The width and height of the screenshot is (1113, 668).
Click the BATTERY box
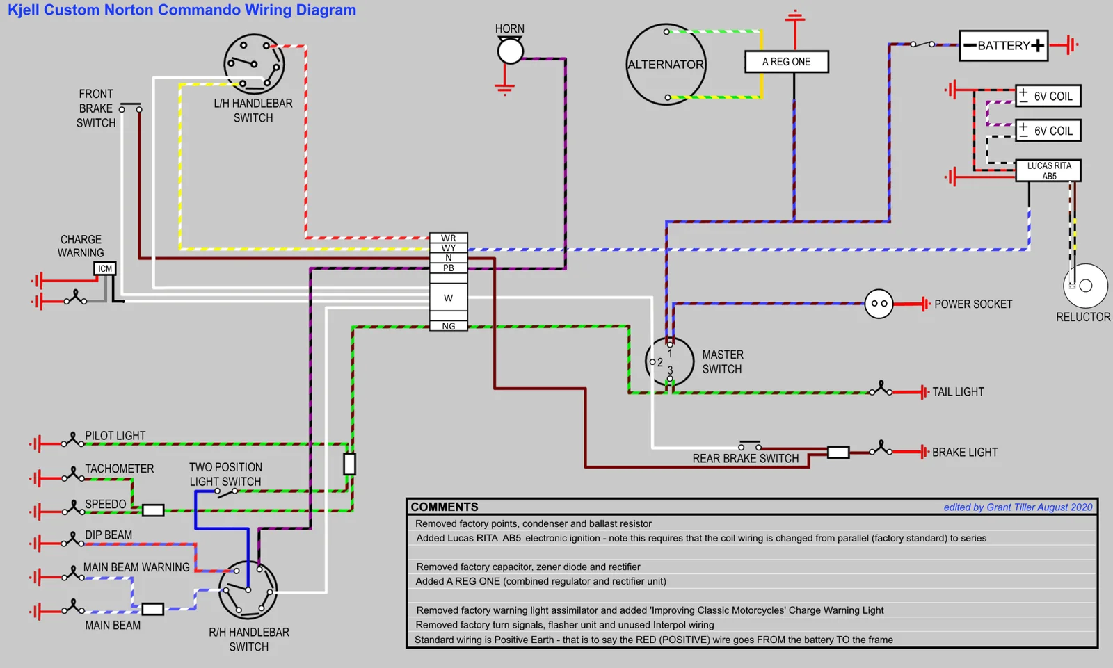(x=1003, y=46)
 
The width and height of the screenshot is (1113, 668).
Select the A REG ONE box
(x=786, y=62)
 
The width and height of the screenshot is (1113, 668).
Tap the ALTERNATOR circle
(x=666, y=65)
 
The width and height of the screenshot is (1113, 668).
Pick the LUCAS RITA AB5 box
(x=1048, y=171)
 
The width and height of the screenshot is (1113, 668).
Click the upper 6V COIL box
(x=1048, y=96)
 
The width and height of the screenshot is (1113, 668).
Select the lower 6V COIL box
(x=1048, y=131)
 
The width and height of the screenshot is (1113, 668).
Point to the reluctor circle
(x=1085, y=286)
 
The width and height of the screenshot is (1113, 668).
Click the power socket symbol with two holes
(x=879, y=304)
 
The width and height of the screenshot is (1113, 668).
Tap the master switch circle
(x=669, y=362)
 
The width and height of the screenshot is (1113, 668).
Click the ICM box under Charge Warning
(x=105, y=268)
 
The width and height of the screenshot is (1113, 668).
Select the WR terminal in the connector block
(x=449, y=238)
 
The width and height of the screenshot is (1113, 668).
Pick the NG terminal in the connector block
(x=449, y=326)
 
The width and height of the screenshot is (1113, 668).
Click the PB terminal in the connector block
(x=449, y=268)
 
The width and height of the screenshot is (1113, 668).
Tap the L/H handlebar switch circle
(x=254, y=64)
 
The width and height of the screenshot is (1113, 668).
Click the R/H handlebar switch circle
(x=248, y=590)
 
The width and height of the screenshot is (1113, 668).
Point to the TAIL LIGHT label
(x=958, y=392)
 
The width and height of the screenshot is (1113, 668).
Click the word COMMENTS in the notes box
(x=445, y=507)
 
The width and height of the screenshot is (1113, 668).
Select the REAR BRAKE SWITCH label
(x=745, y=459)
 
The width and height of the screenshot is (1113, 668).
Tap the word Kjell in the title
(x=24, y=10)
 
